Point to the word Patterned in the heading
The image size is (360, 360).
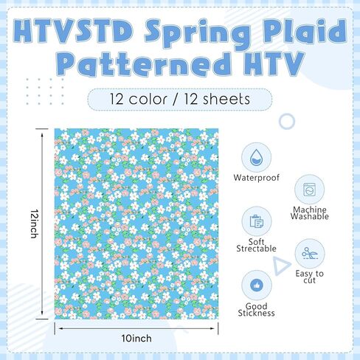click(145, 64)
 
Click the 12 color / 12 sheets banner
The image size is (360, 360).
click(180, 99)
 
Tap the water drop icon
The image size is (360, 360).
click(256, 157)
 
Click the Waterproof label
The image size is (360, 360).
click(257, 178)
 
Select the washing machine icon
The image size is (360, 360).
click(309, 190)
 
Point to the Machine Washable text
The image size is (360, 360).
click(310, 213)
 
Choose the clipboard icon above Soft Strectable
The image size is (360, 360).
click(257, 221)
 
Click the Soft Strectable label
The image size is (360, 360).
click(256, 245)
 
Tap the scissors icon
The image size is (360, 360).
click(309, 253)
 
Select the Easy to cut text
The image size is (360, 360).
click(309, 277)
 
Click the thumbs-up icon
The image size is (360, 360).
click(257, 285)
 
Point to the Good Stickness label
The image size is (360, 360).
click(256, 310)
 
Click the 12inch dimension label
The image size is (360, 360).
click(35, 224)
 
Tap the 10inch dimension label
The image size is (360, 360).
click(136, 339)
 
